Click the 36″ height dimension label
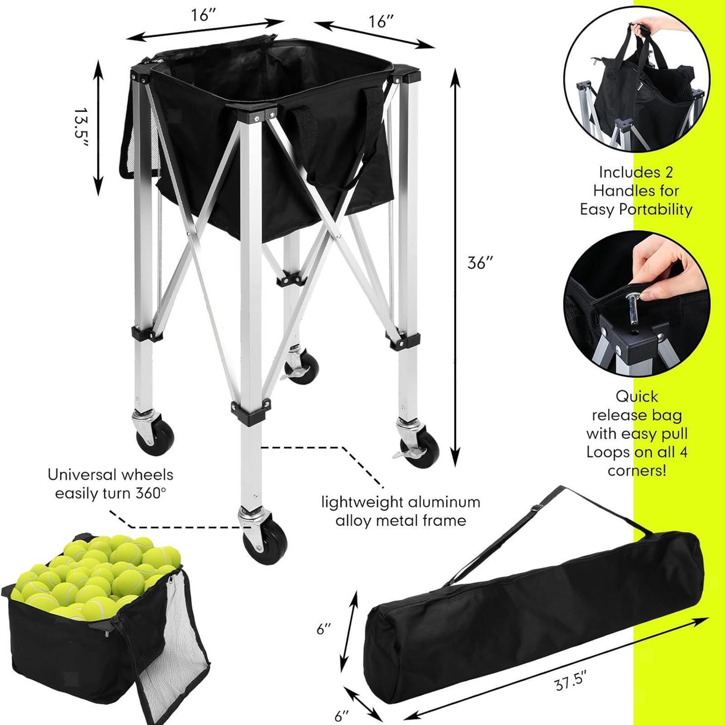pyautogui.click(x=480, y=262)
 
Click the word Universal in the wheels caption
pyautogui.click(x=82, y=475)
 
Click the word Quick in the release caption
pyautogui.click(x=636, y=396)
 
